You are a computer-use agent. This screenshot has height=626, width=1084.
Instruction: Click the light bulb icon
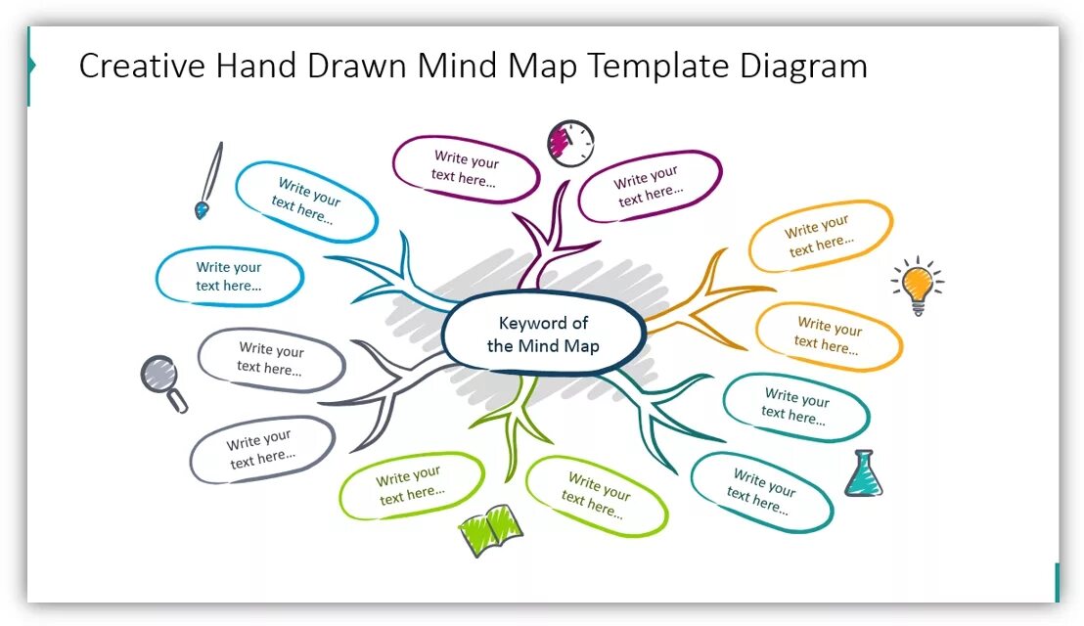(917, 287)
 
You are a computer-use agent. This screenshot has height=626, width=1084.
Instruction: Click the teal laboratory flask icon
(862, 474)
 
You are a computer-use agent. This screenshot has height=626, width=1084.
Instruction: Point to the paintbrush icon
(208, 180)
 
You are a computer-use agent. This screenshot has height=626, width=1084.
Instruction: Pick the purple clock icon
(570, 143)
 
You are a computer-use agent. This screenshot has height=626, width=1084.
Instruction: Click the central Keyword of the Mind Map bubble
(544, 334)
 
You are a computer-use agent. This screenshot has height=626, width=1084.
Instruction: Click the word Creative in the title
(143, 67)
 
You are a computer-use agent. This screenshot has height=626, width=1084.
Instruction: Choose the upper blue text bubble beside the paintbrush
(306, 201)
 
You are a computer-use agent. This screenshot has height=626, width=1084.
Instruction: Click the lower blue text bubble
(229, 277)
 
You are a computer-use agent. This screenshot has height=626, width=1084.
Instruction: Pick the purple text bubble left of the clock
(466, 169)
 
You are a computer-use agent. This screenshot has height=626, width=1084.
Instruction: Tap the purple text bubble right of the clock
(649, 185)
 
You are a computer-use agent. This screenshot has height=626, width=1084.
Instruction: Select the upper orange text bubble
(820, 236)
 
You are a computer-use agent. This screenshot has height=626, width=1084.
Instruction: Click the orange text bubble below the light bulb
(829, 335)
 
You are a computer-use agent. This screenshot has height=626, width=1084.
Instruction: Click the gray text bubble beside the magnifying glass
(271, 360)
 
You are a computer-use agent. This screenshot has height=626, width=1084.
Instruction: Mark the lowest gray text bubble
(261, 450)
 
